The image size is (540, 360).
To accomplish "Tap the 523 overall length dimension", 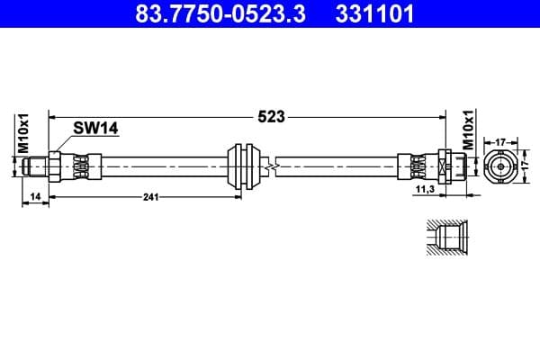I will click(x=272, y=116).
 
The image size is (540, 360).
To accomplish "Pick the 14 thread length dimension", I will click(x=34, y=196).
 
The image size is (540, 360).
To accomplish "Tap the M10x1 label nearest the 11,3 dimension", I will click(x=467, y=131).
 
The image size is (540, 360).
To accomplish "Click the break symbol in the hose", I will click(x=270, y=166).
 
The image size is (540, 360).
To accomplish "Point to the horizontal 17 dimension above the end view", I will click(x=499, y=140).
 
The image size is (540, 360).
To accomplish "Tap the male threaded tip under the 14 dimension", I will click(x=34, y=166).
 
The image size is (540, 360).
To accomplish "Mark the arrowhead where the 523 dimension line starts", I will click(x=52, y=116).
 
